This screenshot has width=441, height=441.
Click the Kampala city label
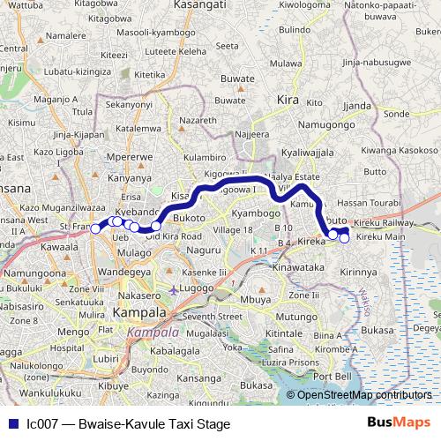139,313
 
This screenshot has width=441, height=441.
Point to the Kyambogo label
253,214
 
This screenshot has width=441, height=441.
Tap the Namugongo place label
312,124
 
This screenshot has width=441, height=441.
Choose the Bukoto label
190,217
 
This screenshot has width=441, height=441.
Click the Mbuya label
256,300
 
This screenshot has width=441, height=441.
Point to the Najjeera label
251,134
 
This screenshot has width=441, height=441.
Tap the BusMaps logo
399,423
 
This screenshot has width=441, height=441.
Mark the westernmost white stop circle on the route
95,229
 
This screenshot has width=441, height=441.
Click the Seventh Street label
212,315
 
